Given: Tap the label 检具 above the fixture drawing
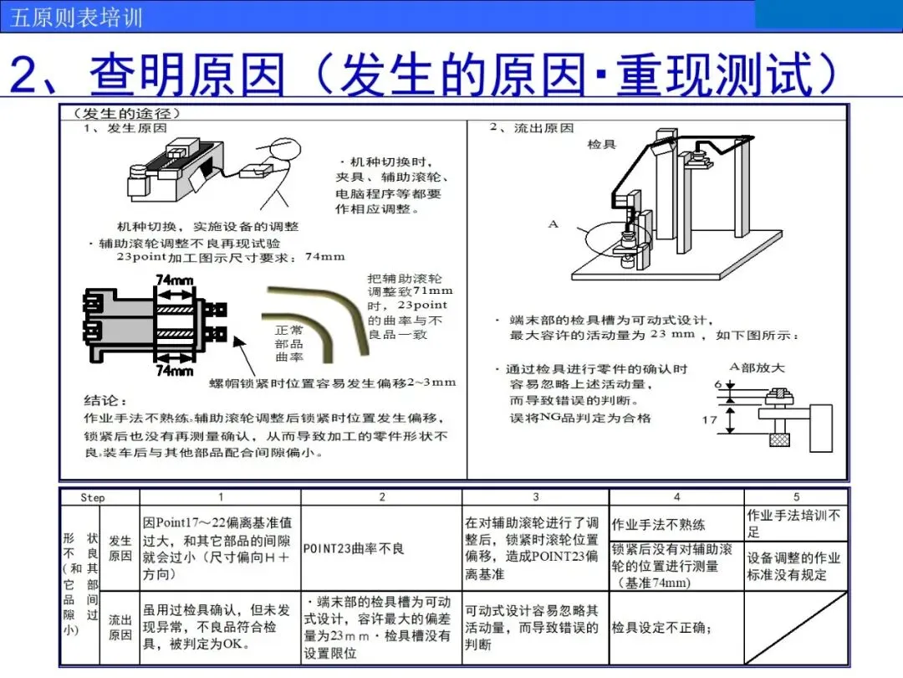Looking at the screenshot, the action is tap(601, 145).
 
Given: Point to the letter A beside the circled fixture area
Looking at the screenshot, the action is tap(553, 224).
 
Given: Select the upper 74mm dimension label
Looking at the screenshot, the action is tap(175, 279).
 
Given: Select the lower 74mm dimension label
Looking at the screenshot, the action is tap(175, 370).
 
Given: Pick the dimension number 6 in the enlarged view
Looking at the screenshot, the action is tap(717, 384).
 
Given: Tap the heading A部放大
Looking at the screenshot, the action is tap(758, 367).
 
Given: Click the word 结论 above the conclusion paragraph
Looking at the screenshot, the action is tap(105, 401).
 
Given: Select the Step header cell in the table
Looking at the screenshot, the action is tap(93, 497).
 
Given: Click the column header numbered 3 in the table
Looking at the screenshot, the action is tap(536, 497).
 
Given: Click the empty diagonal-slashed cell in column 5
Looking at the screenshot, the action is tap(795, 628).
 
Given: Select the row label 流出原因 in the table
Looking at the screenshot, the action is tap(120, 628).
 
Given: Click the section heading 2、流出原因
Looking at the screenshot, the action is tap(532, 128).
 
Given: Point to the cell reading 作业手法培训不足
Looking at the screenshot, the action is tap(794, 523).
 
